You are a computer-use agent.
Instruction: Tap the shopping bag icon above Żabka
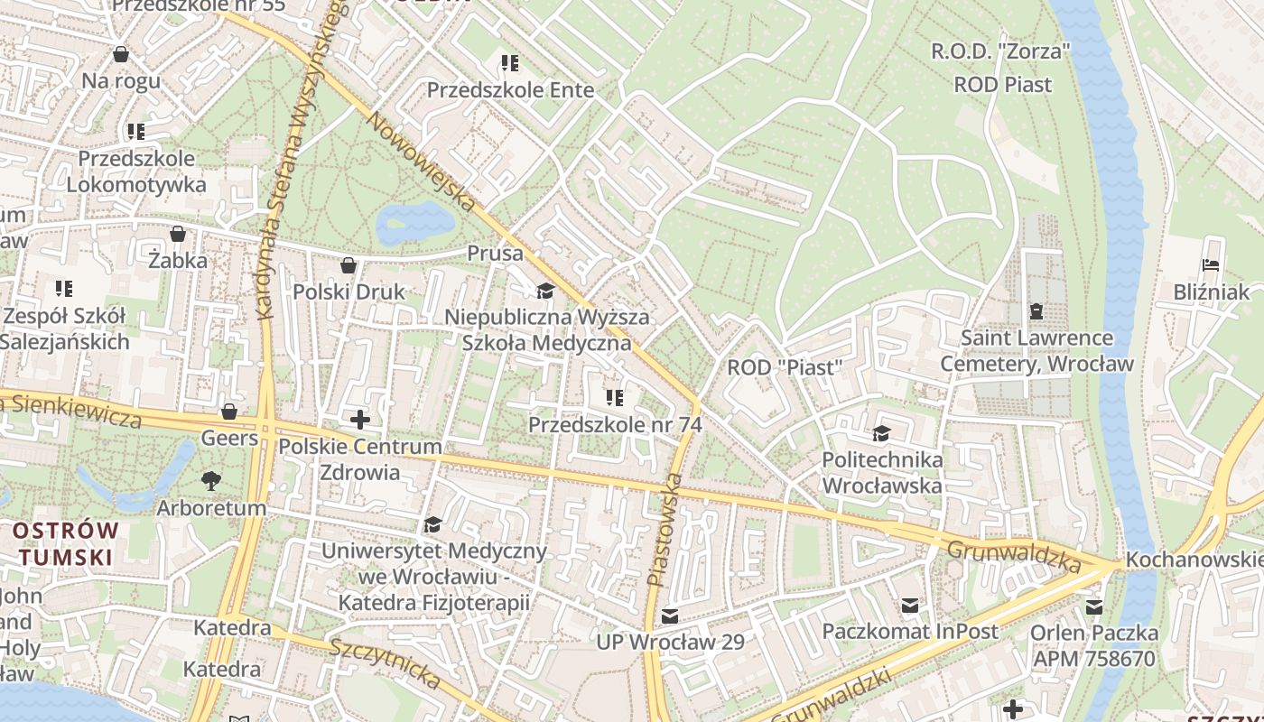point(178,235)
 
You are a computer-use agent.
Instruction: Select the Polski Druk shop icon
point(349,266)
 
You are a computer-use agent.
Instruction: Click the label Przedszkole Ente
point(510,90)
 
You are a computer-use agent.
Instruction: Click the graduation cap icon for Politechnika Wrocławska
point(881,434)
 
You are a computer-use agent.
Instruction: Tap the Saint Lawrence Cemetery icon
point(1036,311)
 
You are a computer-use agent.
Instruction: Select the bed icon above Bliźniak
point(1211,265)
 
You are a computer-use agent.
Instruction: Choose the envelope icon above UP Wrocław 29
point(670,616)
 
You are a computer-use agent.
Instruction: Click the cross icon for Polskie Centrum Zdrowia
point(360,420)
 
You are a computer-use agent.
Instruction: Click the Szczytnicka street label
point(385,663)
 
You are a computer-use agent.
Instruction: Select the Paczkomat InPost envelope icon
point(909,606)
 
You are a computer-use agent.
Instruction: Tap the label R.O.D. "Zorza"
point(1000,51)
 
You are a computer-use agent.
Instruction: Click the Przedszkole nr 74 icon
point(615,398)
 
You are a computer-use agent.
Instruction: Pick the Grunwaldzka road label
point(1013,556)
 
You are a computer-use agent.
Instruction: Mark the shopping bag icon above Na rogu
point(121,55)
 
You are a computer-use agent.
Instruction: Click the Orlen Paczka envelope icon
point(1094,606)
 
